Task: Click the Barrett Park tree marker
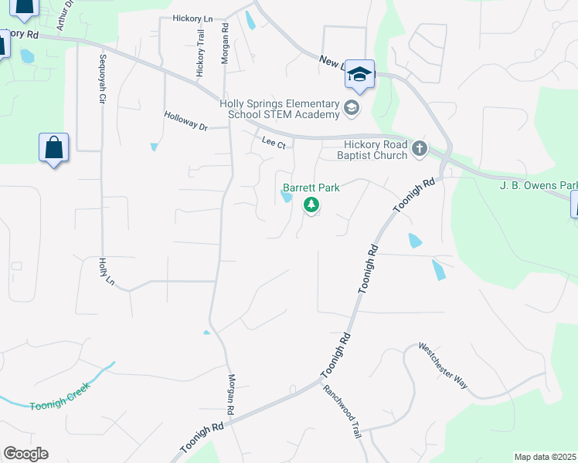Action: (x=311, y=205)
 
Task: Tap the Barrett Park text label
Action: (x=311, y=188)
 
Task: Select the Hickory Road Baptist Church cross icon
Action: (x=419, y=147)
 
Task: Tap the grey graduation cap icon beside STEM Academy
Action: (x=352, y=108)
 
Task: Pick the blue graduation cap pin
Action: (x=359, y=75)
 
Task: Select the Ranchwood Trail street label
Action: (x=342, y=412)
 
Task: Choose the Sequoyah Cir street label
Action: (x=101, y=79)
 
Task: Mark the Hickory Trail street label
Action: (x=200, y=52)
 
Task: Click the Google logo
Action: (x=25, y=454)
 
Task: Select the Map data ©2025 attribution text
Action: (x=545, y=457)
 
